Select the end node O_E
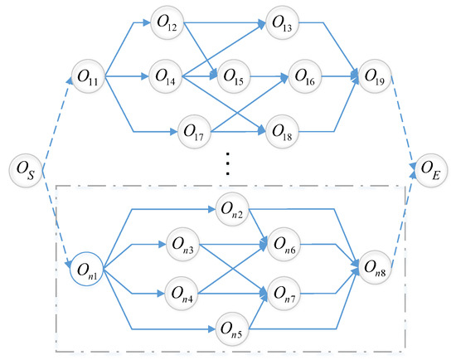click(429, 172)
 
